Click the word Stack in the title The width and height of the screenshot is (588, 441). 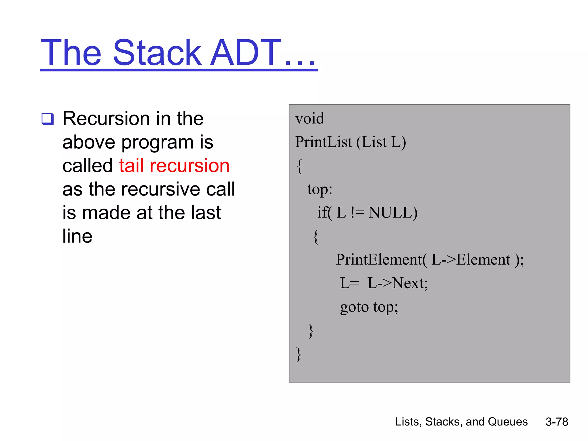[157, 53]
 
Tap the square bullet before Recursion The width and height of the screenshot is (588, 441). [47, 119]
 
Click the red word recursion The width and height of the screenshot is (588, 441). [189, 166]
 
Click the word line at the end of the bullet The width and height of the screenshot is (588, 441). [77, 236]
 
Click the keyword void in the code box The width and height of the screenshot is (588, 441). [310, 119]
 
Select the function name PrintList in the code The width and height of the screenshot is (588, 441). [323, 142]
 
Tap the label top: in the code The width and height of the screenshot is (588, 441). [320, 189]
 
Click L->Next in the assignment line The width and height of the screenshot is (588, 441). [397, 283]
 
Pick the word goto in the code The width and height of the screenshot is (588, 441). [354, 307]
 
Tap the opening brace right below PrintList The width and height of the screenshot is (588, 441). [299, 166]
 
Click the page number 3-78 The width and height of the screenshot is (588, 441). [556, 422]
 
